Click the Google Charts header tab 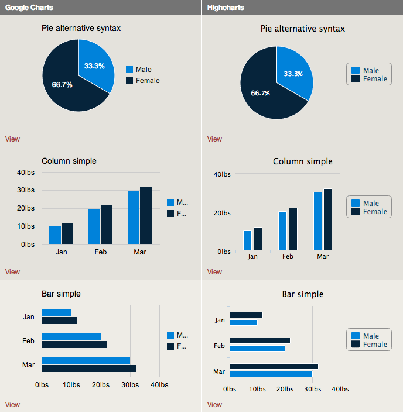[29, 8]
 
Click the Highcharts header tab [226, 8]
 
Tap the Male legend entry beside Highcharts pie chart [369, 70]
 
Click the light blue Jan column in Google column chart [54, 235]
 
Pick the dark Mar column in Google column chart [146, 215]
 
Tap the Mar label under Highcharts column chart [323, 256]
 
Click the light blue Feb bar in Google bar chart [71, 337]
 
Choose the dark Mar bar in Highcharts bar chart [274, 367]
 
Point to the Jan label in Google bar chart [29, 317]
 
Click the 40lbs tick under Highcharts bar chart [340, 389]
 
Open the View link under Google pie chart [12, 139]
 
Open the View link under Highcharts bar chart [214, 405]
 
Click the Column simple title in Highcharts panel [302, 161]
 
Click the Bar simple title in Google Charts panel [61, 294]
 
